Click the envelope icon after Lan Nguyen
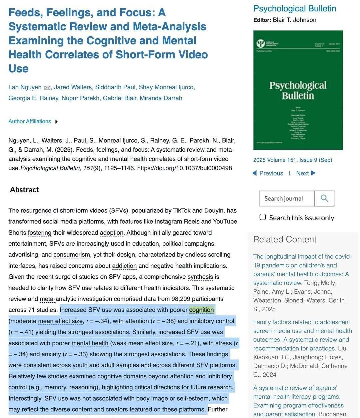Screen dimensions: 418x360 47,88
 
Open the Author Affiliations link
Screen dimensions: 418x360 30,121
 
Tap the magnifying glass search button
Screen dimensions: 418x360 324,198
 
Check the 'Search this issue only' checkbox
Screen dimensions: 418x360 263,217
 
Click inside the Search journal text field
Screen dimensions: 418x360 287,198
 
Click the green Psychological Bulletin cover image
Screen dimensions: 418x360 298,90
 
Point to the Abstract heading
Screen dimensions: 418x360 24,190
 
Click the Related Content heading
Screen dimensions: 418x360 285,239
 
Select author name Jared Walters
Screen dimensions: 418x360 73,87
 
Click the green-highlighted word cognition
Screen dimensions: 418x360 201,310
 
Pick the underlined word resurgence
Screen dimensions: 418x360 36,210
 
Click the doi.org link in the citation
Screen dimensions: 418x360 184,168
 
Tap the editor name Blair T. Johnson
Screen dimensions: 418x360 294,20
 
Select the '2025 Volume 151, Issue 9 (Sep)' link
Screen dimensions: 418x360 293,160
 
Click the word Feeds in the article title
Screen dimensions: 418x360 25,12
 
